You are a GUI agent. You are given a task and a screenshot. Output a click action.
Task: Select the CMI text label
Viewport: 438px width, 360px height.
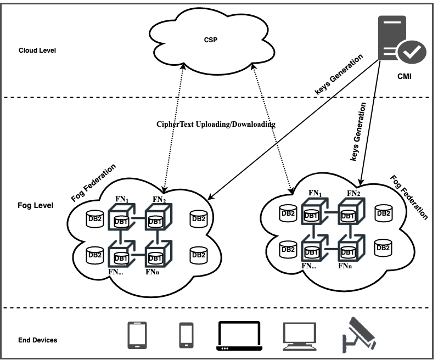point(404,77)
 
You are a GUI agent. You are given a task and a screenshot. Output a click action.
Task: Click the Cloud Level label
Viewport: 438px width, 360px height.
point(37,50)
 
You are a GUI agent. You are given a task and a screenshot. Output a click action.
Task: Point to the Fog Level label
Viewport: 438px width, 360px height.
point(36,206)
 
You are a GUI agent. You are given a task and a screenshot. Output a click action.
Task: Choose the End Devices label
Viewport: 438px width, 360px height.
point(38,340)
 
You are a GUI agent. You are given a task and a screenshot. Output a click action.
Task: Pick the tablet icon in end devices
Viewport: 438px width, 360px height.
point(137,334)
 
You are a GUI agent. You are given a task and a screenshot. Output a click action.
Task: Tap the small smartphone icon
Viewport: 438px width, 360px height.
point(187,334)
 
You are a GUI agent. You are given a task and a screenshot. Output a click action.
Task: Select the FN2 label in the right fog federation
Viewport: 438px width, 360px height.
point(353,193)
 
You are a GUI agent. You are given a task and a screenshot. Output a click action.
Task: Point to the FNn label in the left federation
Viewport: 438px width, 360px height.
point(153,271)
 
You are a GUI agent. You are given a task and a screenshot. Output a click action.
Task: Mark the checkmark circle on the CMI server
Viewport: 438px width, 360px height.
point(411,52)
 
